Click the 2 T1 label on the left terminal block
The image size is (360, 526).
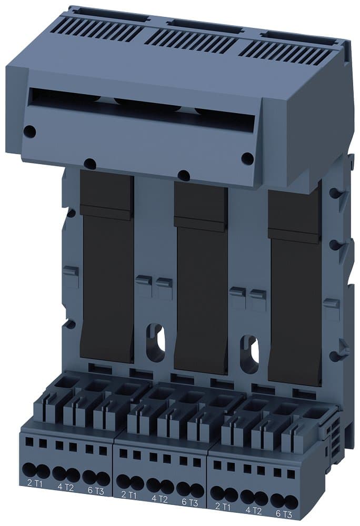[35, 482]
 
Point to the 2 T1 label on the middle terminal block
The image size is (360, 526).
[129, 494]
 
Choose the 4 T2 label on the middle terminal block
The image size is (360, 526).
[160, 499]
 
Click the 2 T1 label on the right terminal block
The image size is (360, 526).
[223, 507]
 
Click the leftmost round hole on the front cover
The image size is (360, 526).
[30, 131]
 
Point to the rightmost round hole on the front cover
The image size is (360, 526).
[247, 158]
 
